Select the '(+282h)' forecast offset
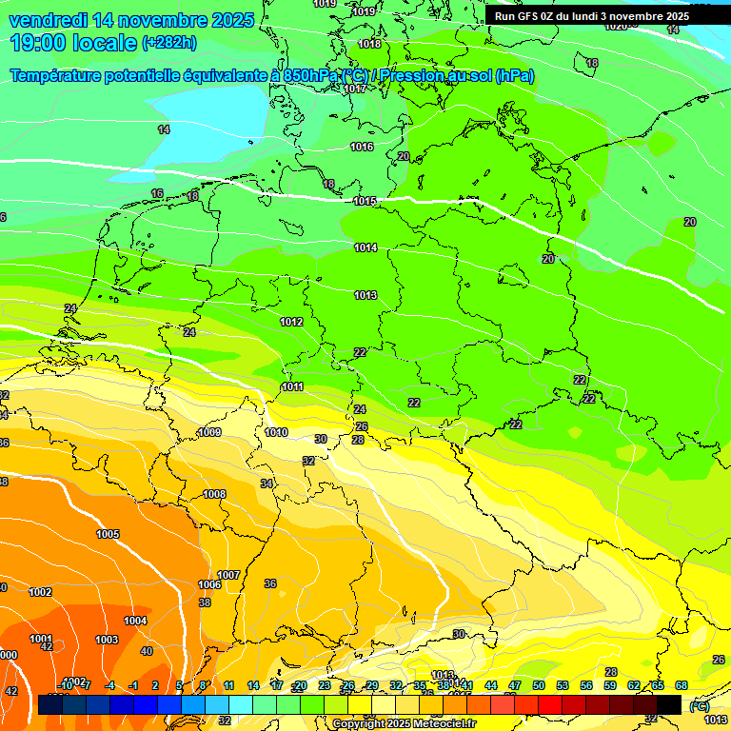pos(169,43)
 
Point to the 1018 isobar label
pos(370,45)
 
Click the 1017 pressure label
pos(355,89)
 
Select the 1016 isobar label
pos(362,147)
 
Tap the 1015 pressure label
pos(365,201)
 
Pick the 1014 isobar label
pos(365,247)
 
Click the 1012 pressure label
pos(291,322)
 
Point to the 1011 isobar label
pos(292,386)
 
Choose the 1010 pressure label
pos(276,432)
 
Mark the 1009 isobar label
pos(209,433)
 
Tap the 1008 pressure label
pos(214,494)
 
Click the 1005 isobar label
pos(108,534)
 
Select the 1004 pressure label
pos(135,621)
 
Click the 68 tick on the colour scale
pos(682,685)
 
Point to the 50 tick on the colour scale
pos(539,685)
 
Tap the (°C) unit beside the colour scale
pos(699,706)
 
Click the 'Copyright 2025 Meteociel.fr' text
pos(405,724)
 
